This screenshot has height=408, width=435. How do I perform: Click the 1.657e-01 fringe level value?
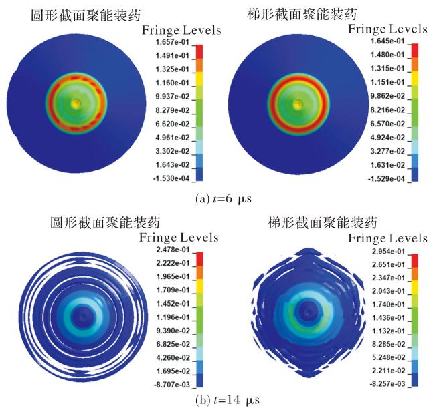pos(172,42)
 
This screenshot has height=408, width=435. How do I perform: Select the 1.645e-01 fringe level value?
pos(387,41)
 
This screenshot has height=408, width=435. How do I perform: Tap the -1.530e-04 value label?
pos(171,178)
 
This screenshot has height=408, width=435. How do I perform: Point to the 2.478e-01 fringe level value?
pos(173,250)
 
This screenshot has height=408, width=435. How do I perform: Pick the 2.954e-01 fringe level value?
pos(388,252)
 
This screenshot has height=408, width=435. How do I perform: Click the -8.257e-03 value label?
pos(387,384)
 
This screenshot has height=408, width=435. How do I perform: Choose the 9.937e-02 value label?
pos(172,97)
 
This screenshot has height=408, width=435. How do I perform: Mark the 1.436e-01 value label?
pos(388,318)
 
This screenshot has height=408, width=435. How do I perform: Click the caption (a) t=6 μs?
pos(224,199)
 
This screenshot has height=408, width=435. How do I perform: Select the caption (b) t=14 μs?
pos(228,400)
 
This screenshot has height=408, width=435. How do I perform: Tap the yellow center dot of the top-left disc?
pos(76,104)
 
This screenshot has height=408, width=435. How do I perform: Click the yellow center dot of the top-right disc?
pos(298,104)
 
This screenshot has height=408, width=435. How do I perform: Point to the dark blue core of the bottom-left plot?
pos(82,316)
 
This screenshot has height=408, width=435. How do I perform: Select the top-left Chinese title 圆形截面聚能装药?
pos(86,15)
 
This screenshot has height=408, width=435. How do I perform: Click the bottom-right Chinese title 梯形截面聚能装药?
pos(323,222)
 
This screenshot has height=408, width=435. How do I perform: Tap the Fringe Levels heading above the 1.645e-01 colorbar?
pos(387,29)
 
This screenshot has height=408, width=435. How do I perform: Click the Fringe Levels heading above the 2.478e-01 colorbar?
pos(179,238)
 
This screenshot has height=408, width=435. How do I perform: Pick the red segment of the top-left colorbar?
pos(199,51)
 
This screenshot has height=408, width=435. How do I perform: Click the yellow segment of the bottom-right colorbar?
pos(414,288)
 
